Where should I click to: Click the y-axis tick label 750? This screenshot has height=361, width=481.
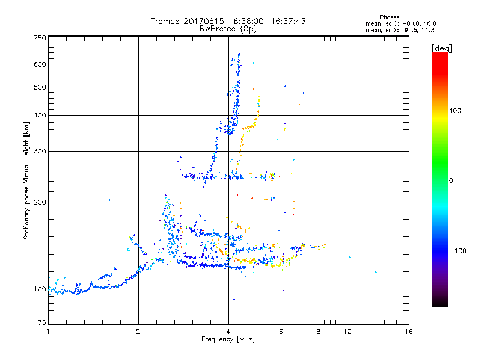40,37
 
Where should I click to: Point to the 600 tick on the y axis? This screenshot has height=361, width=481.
40,64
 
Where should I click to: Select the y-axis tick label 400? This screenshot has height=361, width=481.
40,115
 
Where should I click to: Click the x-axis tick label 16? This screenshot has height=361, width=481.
408,332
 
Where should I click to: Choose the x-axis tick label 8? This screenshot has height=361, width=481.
319,332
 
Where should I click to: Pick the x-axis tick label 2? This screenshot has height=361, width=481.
138,332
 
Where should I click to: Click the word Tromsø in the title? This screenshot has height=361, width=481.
165,21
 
